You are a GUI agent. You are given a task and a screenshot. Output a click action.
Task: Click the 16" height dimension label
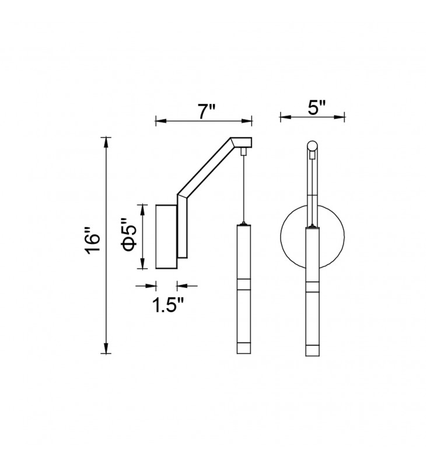coord(92,241)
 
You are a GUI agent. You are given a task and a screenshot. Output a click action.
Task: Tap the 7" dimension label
coord(206,111)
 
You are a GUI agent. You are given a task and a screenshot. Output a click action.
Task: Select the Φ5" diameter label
coord(128,235)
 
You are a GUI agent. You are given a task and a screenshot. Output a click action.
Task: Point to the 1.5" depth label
coord(168,305)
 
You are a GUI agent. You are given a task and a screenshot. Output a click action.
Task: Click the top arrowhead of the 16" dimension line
coord(106,142)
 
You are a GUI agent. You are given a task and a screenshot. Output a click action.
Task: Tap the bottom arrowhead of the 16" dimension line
coord(106,348)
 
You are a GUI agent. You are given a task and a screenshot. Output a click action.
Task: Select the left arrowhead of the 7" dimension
coord(160,121)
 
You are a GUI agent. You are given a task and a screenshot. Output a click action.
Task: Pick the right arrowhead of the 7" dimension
coord(247,121)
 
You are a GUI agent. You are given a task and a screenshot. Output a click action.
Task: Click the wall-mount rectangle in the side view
coord(166,236)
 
